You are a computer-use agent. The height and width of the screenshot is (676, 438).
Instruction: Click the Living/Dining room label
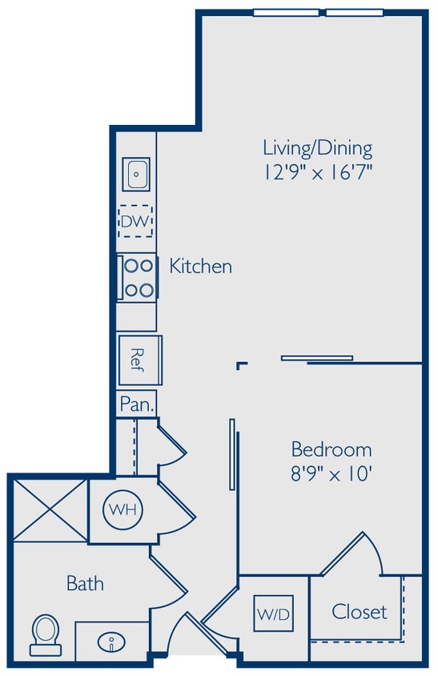click(x=318, y=148)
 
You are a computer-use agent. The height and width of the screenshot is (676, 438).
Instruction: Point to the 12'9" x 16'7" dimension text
click(x=318, y=171)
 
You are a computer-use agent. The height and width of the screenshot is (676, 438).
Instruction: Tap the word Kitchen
click(x=200, y=266)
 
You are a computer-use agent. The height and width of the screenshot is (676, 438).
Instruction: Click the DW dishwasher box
click(x=136, y=220)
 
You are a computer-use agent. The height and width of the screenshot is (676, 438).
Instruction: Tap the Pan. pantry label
click(x=136, y=404)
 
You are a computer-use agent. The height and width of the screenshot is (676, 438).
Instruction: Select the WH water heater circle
click(x=122, y=509)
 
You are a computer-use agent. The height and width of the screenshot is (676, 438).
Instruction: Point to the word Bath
click(x=84, y=584)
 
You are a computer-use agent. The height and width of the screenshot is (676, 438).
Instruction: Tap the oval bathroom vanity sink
click(x=111, y=642)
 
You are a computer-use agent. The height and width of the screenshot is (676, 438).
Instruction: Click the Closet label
click(x=360, y=612)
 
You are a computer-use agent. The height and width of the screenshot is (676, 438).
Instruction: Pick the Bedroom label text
click(x=331, y=449)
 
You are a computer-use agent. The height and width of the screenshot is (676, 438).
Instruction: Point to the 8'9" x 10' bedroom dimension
click(x=331, y=473)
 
